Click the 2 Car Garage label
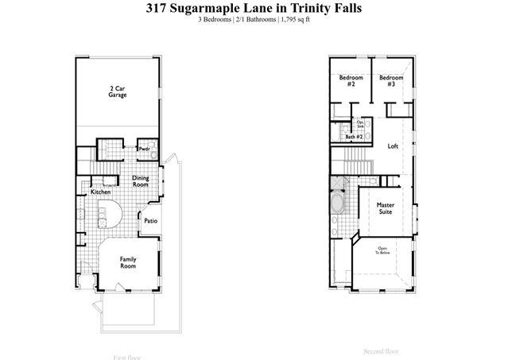[118, 91]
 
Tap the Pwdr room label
[145, 148]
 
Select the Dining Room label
[140, 181]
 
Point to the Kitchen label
[100, 192]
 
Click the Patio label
[150, 221]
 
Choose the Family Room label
[128, 262]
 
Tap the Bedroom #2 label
[351, 81]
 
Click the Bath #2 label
[354, 137]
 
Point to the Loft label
[392, 146]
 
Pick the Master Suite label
[385, 208]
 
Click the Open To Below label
[382, 250]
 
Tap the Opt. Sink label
[360, 124]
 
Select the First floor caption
[128, 358]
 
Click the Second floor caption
[381, 350]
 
